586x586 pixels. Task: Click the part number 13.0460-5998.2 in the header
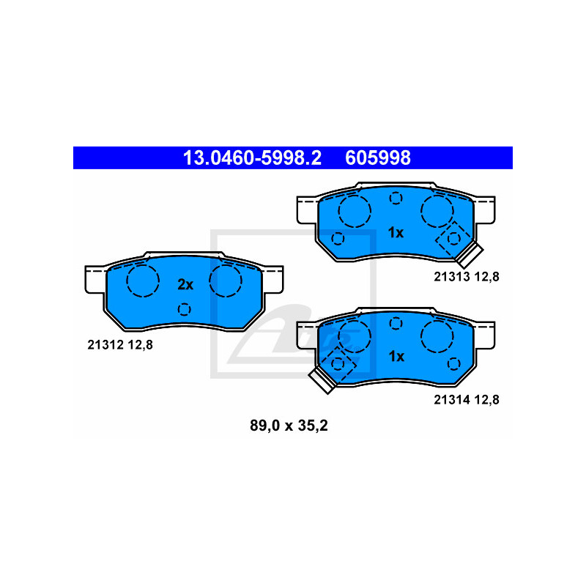[x=252, y=157]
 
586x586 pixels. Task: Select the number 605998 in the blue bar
[x=378, y=157]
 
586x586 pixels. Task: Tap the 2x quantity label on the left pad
[x=185, y=285]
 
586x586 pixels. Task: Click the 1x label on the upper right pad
[x=396, y=233]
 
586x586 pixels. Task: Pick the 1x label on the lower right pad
[x=396, y=357]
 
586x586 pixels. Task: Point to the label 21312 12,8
[x=120, y=344]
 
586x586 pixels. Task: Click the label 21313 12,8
[x=467, y=277]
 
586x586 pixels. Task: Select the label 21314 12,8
[x=467, y=400]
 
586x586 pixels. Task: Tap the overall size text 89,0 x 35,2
[x=289, y=426]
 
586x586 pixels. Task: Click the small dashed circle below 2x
[x=185, y=309]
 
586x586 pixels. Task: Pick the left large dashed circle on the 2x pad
[x=143, y=281]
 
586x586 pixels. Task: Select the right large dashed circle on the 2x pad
[x=226, y=281]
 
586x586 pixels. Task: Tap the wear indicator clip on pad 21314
[x=322, y=380]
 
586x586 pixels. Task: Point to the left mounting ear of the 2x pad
[x=95, y=280]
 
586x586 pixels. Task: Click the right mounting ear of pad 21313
[x=485, y=210]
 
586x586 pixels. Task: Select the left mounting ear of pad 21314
[x=307, y=335]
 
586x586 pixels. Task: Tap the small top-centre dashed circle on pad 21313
[x=396, y=198]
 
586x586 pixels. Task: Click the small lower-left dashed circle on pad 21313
[x=338, y=239]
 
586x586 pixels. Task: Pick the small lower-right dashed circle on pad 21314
[x=453, y=363]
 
